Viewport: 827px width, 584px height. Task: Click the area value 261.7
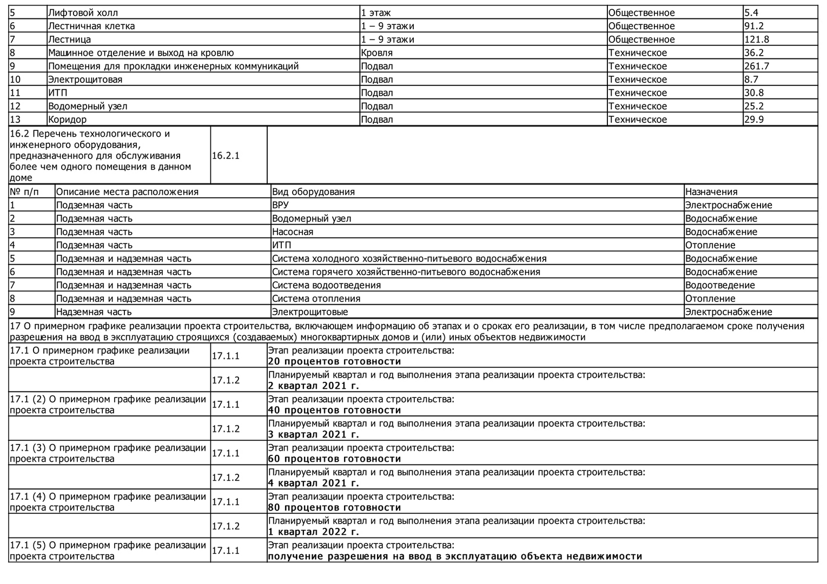click(x=756, y=67)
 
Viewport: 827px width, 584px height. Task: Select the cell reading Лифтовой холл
click(x=83, y=13)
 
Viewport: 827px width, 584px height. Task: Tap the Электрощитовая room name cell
click(x=85, y=80)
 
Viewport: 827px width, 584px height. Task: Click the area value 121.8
click(x=756, y=39)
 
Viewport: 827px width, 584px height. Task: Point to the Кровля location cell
click(x=376, y=53)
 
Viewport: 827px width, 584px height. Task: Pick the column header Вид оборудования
click(x=313, y=192)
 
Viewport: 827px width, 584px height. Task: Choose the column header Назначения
click(x=711, y=192)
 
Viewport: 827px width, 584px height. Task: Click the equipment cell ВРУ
click(x=280, y=205)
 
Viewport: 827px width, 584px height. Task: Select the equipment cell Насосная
click(x=292, y=232)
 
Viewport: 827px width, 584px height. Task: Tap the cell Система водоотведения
click(x=326, y=286)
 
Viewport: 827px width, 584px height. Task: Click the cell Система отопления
click(x=316, y=299)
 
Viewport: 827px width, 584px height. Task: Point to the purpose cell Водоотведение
click(x=719, y=286)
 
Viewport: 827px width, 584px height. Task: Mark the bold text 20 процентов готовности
click(x=334, y=362)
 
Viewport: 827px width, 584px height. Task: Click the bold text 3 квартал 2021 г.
click(x=313, y=435)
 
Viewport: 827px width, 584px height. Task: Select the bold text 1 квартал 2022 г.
click(x=313, y=532)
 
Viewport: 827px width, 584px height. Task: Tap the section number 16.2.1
click(x=226, y=156)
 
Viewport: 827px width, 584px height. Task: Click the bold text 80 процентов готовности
click(x=334, y=508)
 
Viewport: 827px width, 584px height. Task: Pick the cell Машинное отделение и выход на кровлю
click(x=141, y=53)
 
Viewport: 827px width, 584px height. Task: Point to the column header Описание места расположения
click(x=127, y=192)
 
